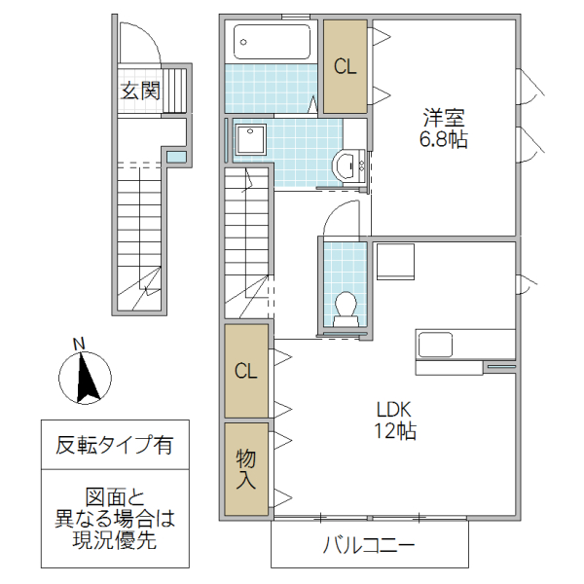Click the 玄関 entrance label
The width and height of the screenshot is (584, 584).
pos(140,91)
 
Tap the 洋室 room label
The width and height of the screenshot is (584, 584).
pos(443,118)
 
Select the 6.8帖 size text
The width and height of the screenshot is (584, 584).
pos(443,140)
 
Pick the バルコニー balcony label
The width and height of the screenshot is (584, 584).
pos(369,545)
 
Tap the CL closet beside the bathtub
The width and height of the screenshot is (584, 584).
pos(346,66)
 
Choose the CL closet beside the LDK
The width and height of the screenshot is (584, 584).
pos(246,371)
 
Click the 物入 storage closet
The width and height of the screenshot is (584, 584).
pos(246,468)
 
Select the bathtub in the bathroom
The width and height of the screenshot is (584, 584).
pos(273,43)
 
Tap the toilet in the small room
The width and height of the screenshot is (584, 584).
pos(345,308)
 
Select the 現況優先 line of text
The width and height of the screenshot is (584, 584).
pos(115,541)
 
